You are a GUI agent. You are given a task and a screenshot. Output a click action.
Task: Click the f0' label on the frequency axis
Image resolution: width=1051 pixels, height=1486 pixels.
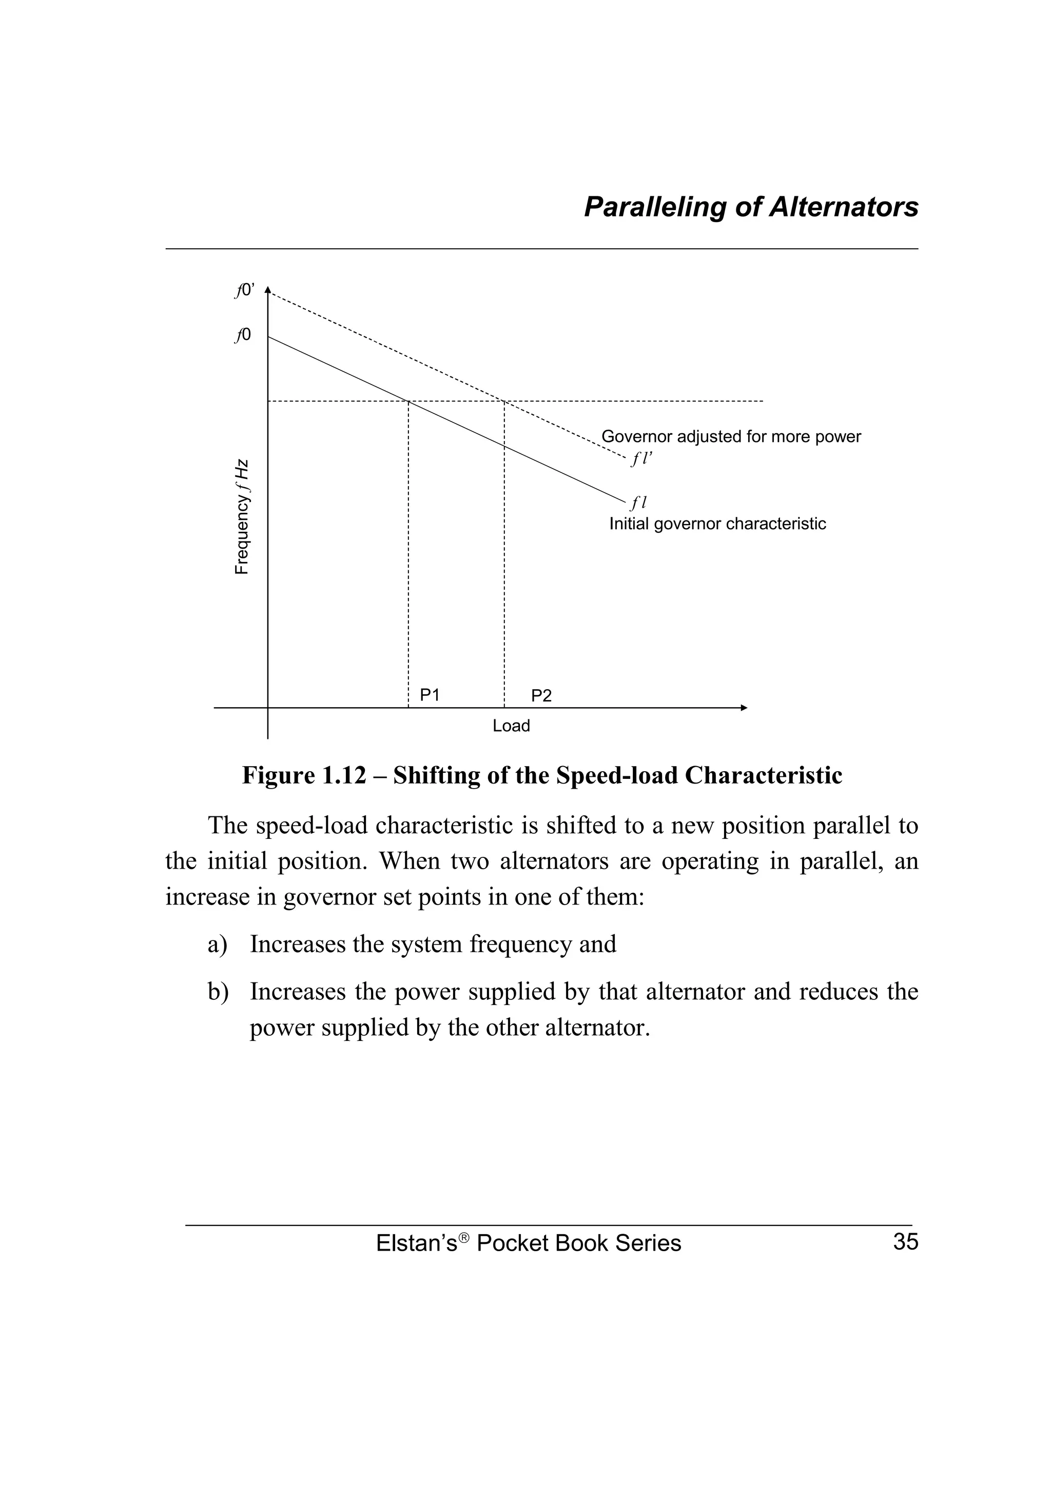coord(245,291)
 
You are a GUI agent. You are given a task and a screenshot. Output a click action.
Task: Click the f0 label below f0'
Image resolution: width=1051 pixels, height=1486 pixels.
coord(243,335)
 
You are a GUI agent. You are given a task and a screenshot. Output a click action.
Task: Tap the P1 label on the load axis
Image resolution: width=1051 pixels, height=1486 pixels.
coord(430,695)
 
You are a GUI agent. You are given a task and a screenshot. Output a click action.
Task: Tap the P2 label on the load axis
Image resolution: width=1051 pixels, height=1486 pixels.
coord(541,696)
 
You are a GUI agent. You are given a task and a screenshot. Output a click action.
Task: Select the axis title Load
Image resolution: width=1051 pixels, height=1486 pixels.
coord(511,726)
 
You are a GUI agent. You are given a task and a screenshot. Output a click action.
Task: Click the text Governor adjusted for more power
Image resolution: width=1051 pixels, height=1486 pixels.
coord(731,437)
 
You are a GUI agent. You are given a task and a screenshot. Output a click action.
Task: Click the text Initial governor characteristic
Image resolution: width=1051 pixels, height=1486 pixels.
coord(717,524)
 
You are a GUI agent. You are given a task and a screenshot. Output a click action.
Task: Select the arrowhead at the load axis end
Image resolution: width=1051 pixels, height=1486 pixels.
coord(744,708)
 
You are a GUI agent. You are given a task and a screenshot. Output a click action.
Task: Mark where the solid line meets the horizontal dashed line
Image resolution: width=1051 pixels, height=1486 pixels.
coord(408,401)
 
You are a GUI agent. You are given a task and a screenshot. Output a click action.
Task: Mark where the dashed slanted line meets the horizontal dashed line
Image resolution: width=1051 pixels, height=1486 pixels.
coord(504,401)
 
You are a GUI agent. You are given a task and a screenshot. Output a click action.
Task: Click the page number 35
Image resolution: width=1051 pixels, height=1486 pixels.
coord(905,1242)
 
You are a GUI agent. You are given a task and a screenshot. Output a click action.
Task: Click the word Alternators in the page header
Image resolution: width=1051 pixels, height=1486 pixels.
coord(843,207)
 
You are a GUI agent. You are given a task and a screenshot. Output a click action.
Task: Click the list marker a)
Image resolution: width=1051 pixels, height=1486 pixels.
coord(218,945)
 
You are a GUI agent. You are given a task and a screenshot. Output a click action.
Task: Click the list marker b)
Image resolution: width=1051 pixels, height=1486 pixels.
coord(218,992)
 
